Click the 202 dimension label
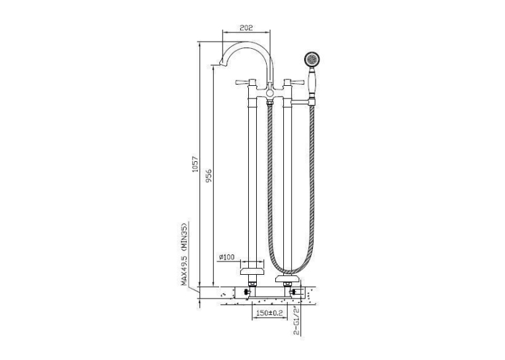coord(246,28)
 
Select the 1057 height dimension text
coord(195,164)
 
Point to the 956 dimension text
coord(209,176)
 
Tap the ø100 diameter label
coord(226,257)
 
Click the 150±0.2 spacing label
coord(269,312)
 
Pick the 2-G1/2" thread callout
coord(296,320)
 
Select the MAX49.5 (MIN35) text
coord(184,254)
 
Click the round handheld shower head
coord(313,59)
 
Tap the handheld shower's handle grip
coord(312,81)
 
